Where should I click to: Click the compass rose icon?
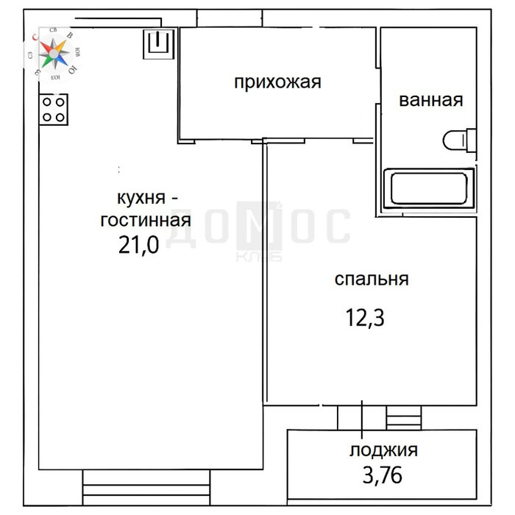click(54, 51)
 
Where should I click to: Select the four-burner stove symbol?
click(54, 109)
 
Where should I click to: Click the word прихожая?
click(277, 82)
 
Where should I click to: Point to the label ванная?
click(431, 101)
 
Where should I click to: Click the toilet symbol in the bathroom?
click(458, 140)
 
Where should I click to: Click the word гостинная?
click(146, 220)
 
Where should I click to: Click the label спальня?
click(372, 280)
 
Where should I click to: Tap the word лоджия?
click(383, 450)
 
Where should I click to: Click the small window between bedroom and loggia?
click(403, 418)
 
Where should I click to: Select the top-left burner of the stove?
click(47, 102)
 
